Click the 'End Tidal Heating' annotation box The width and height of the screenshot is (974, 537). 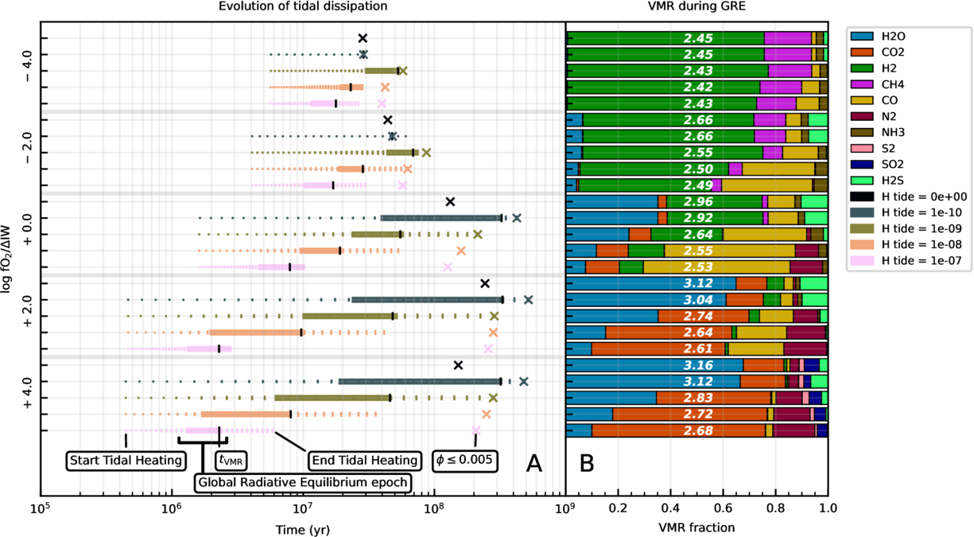(363, 461)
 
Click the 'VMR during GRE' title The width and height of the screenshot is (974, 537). (697, 7)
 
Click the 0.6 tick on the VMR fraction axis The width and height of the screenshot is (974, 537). (723, 508)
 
